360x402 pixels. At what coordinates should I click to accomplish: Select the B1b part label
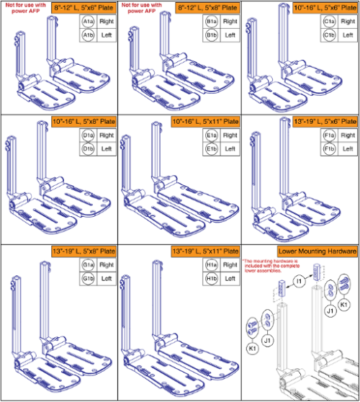pyautogui.click(x=208, y=35)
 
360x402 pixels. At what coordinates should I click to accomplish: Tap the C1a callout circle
pyautogui.click(x=328, y=22)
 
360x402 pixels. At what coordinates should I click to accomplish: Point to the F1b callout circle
pyautogui.click(x=328, y=149)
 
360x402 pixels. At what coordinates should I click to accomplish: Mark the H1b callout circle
pyautogui.click(x=208, y=278)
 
